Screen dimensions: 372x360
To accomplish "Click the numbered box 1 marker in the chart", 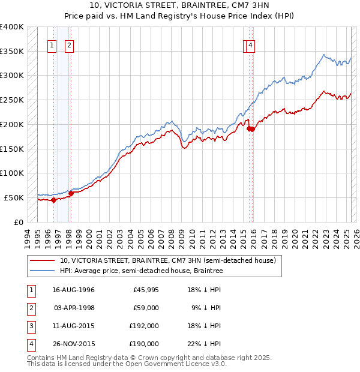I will click(x=52, y=45).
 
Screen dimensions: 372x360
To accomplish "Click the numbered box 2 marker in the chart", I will click(x=70, y=45).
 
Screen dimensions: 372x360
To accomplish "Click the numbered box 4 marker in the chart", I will click(x=250, y=45).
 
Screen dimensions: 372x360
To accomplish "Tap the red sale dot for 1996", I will click(x=53, y=200).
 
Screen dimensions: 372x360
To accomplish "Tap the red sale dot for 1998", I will click(x=71, y=193).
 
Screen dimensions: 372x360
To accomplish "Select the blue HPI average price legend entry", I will click(x=141, y=271).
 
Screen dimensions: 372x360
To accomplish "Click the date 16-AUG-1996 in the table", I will click(x=74, y=290).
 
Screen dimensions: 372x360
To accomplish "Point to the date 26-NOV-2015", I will click(x=74, y=344).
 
